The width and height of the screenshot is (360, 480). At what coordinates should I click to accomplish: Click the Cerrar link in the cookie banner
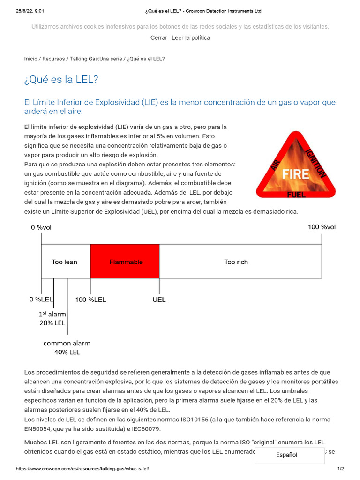point(158,38)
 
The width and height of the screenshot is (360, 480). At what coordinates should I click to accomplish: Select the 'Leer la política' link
point(191,38)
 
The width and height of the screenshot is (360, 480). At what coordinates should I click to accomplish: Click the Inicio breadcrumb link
point(30,59)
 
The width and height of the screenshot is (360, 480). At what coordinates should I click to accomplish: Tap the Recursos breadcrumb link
point(53,59)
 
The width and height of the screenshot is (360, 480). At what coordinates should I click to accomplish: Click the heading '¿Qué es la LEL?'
point(61,80)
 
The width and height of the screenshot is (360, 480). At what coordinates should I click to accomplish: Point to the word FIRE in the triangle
point(295,174)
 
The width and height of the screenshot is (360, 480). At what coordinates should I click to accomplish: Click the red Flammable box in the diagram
point(125,262)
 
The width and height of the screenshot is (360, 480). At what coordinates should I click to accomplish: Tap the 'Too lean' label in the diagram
point(64,262)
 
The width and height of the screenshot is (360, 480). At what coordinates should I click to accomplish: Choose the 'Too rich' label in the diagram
point(236,262)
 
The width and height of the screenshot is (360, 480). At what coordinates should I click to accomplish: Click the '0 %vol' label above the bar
point(41,227)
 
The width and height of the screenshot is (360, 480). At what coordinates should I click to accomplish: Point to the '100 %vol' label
point(322,227)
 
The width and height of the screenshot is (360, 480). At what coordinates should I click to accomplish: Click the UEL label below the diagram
point(159,300)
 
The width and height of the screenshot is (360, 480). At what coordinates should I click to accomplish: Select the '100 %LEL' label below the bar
point(90,300)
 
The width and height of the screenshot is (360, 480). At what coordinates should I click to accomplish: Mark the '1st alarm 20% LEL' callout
point(52,318)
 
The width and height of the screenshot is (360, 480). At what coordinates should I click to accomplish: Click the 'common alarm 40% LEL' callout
point(67,348)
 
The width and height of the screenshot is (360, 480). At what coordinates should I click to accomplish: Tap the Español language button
point(286,455)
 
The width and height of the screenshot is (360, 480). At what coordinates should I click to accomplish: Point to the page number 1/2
point(340,469)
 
